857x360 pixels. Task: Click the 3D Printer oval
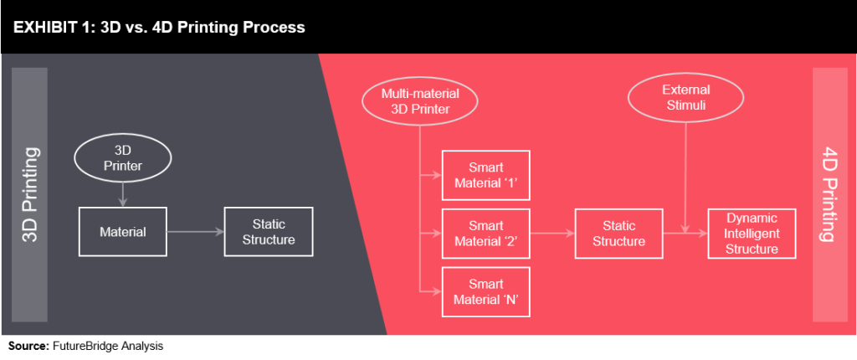click(x=123, y=160)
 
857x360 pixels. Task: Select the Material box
click(x=123, y=232)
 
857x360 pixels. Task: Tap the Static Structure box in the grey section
click(x=269, y=232)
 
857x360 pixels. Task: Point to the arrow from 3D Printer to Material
click(x=123, y=195)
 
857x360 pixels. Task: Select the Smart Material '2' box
click(x=486, y=234)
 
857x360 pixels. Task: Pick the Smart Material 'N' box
click(x=486, y=291)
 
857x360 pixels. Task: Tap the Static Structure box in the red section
click(x=618, y=234)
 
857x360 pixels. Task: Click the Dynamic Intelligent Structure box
click(x=752, y=234)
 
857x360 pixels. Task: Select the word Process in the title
click(x=273, y=28)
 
